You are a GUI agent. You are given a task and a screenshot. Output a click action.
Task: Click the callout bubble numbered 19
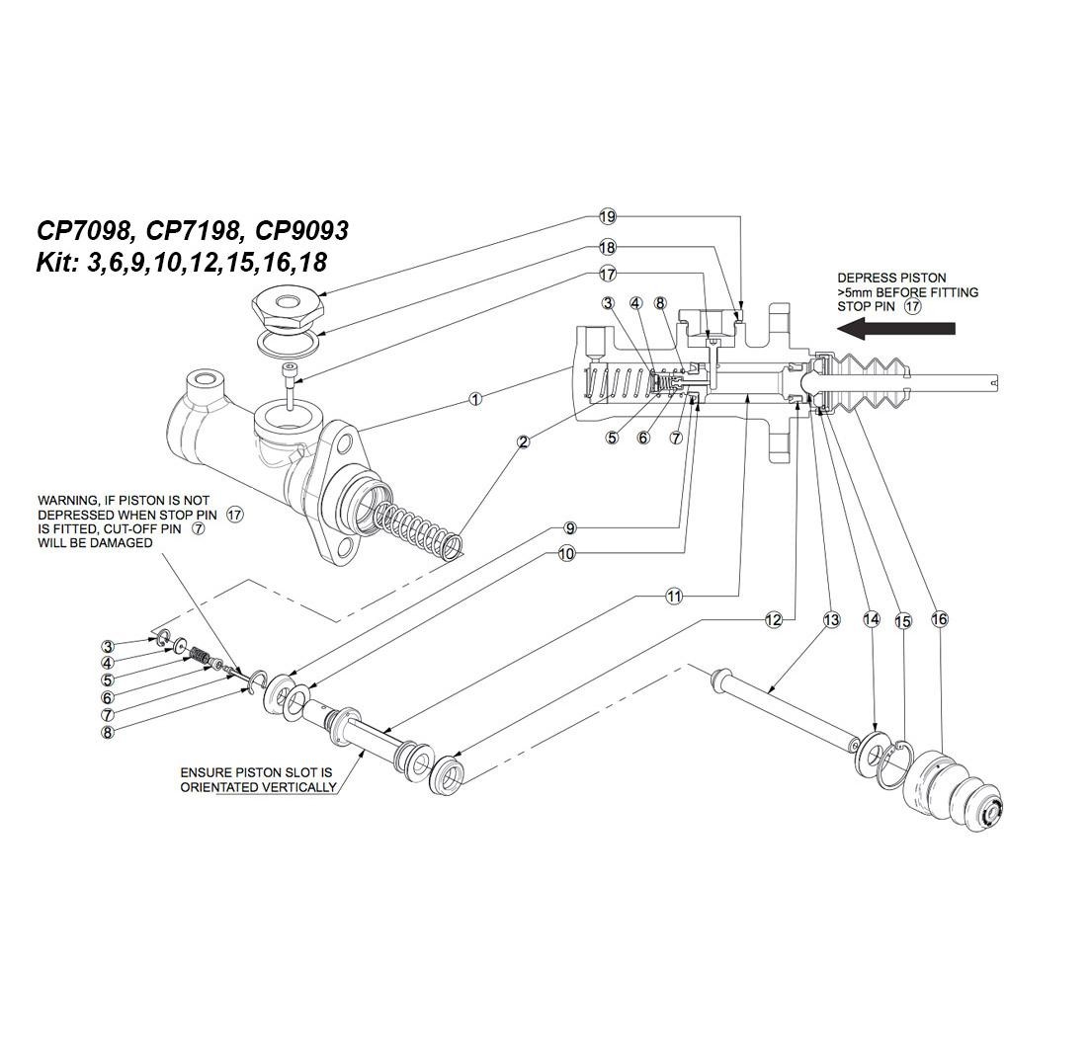[x=607, y=217]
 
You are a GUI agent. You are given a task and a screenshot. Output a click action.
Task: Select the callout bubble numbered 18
[x=607, y=248]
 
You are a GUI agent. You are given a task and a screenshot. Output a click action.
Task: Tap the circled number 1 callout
[x=475, y=399]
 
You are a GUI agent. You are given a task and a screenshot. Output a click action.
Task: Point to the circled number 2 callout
[x=524, y=440]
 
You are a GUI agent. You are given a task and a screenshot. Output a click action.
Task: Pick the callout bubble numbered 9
[x=569, y=528]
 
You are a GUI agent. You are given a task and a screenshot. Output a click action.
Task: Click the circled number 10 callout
[x=566, y=554]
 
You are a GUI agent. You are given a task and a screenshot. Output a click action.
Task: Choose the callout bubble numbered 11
[x=674, y=596]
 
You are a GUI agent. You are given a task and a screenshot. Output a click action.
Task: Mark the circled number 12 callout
[x=774, y=619]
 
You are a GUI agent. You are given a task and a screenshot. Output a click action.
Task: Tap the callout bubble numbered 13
[x=831, y=619]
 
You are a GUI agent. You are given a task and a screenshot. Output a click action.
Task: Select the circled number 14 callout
[x=871, y=619]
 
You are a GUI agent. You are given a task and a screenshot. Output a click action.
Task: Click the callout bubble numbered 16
[x=939, y=619]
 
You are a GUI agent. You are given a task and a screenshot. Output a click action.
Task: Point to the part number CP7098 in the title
[x=85, y=231]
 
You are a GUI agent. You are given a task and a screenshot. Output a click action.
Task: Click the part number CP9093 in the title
[x=301, y=231]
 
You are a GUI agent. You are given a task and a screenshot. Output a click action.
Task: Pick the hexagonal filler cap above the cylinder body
[x=287, y=307]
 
